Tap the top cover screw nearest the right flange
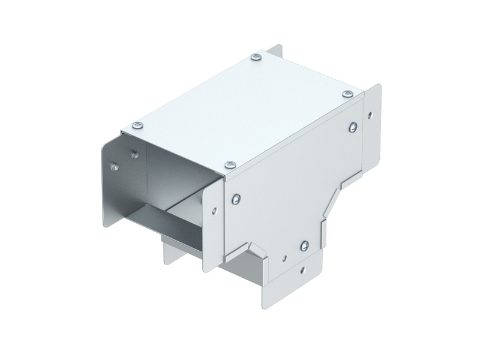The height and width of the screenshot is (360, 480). tap(348, 94)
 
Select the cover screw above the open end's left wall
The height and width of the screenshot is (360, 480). tap(137, 125)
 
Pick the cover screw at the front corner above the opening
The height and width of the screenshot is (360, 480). tap(229, 164)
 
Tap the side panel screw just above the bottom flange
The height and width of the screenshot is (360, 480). tap(305, 245)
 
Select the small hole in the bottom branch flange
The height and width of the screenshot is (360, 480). tap(303, 269)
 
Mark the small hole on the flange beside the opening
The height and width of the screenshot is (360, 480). tap(214, 211)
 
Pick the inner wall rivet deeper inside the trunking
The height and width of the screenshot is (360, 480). tap(135, 154)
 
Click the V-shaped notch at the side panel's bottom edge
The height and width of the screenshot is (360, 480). tap(255, 247)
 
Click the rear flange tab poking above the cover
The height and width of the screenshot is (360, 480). tap(275, 52)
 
